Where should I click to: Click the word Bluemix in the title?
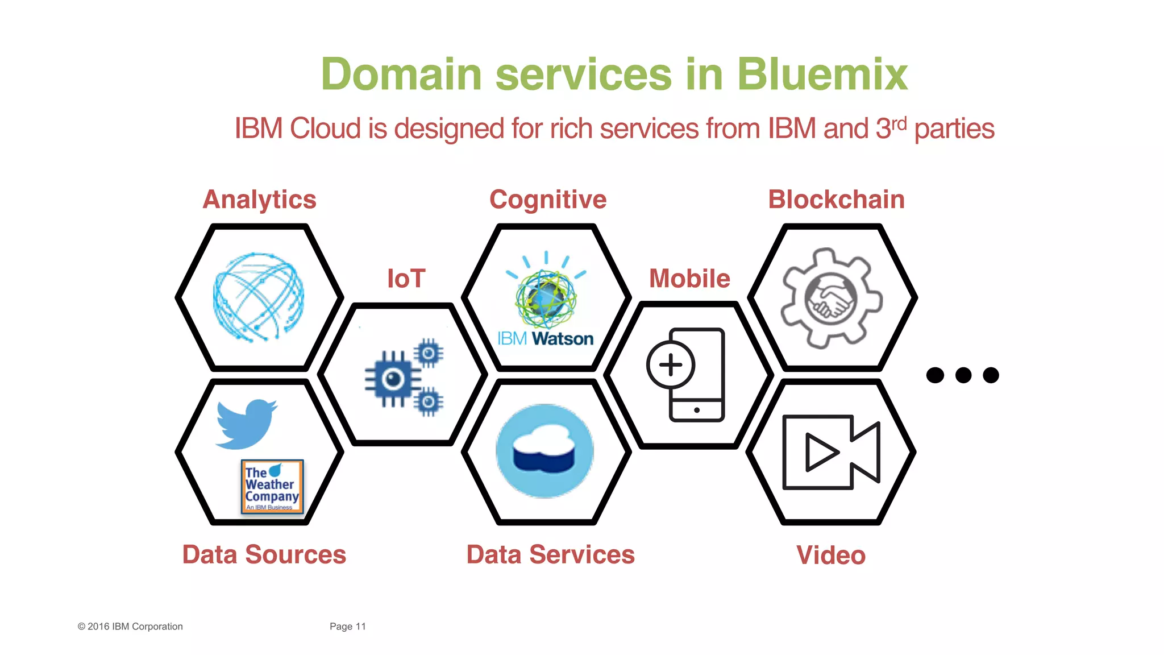[822, 74]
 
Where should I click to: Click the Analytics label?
[259, 200]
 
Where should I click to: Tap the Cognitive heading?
[548, 200]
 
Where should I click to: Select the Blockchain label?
[836, 200]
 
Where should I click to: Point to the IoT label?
[406, 279]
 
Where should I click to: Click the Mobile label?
[689, 279]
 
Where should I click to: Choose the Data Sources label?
[264, 554]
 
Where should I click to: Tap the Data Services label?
[550, 554]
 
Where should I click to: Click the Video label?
[830, 555]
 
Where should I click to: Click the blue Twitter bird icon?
[246, 424]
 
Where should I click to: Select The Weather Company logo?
[272, 487]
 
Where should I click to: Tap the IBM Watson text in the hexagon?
[545, 339]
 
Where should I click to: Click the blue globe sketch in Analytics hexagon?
[259, 297]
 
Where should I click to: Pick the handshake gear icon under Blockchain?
[831, 298]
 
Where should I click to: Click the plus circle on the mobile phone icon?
[671, 365]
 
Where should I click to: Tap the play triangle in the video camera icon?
[821, 453]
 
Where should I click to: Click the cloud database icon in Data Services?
[544, 451]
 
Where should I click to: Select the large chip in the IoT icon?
[393, 379]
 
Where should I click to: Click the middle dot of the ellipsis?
[963, 375]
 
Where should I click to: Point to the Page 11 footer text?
[347, 627]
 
